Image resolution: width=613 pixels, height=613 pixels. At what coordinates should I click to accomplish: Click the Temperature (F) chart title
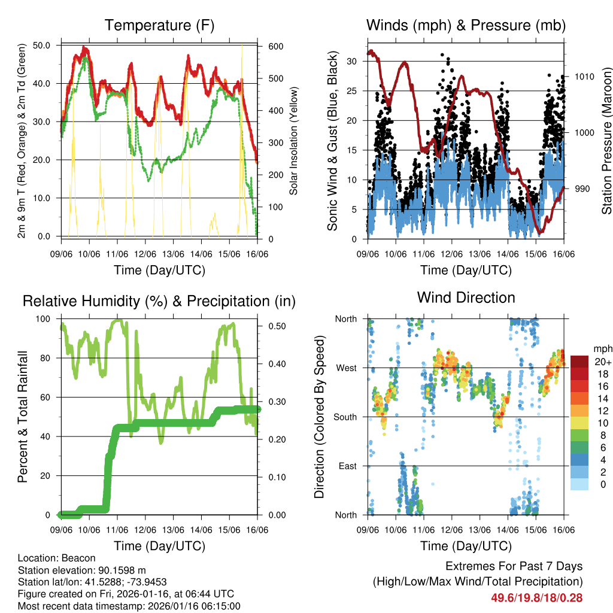click(x=159, y=25)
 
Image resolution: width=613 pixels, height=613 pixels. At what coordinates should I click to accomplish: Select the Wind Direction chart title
click(x=466, y=298)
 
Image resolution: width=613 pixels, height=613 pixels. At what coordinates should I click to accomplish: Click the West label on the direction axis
click(x=346, y=368)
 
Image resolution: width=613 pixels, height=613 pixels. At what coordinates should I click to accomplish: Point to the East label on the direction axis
click(x=347, y=466)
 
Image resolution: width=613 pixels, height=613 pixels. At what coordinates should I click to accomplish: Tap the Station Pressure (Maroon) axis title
click(x=606, y=141)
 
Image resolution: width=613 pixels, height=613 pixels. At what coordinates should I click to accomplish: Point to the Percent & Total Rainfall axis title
click(x=23, y=417)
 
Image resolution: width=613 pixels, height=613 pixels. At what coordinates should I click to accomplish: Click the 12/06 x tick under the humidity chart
click(x=145, y=530)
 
